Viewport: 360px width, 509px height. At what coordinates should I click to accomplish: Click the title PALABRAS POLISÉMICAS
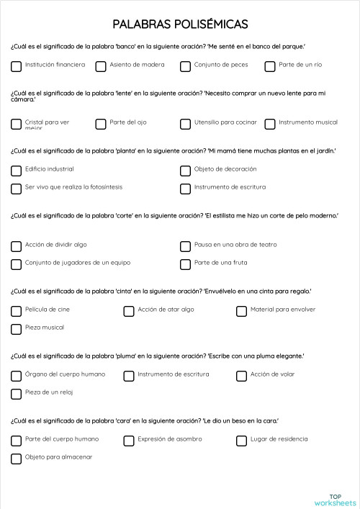coord(180,24)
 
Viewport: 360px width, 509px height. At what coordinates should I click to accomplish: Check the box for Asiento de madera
coord(101,66)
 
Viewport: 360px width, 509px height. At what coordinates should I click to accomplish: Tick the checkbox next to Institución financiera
coord(16,66)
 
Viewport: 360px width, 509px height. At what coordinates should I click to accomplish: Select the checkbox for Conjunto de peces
coord(185,66)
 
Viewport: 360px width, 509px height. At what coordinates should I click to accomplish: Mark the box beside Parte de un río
coord(270,66)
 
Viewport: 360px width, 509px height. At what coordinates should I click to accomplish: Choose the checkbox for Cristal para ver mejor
coord(16,124)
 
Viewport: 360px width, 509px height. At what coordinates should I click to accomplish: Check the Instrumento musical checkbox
coord(270,124)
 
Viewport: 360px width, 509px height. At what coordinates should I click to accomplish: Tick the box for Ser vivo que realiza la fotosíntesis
coord(16,189)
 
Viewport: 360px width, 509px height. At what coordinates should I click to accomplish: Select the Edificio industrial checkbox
coord(16,171)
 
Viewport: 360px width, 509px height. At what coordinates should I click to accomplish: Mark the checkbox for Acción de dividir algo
coord(16,246)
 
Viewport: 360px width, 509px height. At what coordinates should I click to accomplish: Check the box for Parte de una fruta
coord(185,264)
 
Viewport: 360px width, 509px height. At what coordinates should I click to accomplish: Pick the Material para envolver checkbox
coord(242,311)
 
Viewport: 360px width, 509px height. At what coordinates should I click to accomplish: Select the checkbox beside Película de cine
coord(16,311)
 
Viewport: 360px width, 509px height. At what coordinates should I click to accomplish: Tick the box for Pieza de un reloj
coord(16,394)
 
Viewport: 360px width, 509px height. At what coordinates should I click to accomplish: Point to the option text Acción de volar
coord(272,374)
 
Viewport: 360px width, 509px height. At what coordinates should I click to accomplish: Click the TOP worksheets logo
coord(335,500)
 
